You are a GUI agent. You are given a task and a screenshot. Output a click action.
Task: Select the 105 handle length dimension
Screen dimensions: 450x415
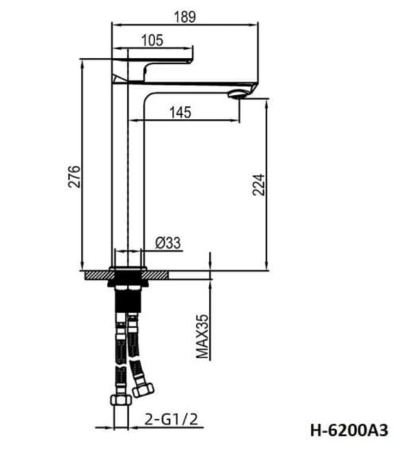tap(151, 40)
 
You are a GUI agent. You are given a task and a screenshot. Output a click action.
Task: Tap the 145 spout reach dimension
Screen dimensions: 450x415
tap(181, 113)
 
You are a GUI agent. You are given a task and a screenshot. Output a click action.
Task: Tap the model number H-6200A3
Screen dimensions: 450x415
tap(351, 428)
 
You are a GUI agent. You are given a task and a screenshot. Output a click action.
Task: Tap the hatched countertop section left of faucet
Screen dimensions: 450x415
tap(97, 274)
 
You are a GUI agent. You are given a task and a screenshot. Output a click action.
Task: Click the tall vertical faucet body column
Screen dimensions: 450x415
tap(127, 180)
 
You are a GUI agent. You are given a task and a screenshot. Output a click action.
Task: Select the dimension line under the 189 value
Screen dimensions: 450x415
tap(185, 24)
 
